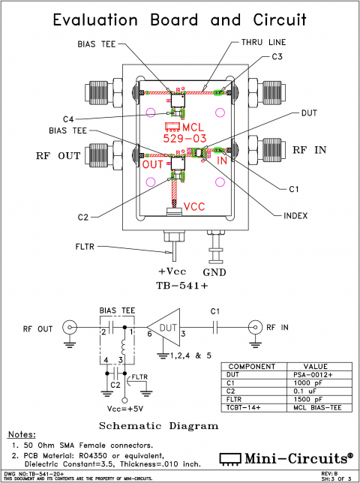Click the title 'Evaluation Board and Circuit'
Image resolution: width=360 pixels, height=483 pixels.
coord(180,20)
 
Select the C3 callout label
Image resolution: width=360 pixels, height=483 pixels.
coord(277,57)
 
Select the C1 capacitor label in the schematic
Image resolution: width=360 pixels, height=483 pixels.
coord(214,310)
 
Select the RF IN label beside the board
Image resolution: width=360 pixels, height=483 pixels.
coord(309,150)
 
